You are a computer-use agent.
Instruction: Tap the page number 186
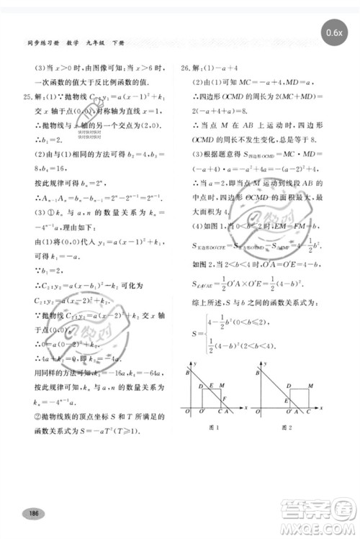pyautogui.click(x=32, y=513)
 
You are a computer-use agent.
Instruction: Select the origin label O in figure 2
pyautogui.click(x=255, y=412)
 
